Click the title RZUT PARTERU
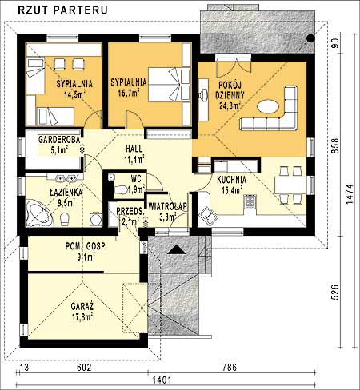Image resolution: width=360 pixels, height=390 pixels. (x=62, y=10)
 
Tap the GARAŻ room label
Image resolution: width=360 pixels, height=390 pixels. (x=82, y=306)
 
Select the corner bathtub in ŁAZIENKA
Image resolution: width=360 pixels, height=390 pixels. (x=40, y=213)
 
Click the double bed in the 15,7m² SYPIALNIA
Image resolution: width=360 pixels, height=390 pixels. (x=169, y=85)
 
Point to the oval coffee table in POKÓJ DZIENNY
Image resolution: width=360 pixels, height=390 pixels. (x=268, y=106)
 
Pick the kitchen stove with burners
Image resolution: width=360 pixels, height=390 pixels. (x=250, y=201)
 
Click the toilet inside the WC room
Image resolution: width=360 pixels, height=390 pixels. (x=121, y=190)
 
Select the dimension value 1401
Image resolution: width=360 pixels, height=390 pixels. (x=162, y=380)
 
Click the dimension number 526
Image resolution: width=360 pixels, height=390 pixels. (x=335, y=292)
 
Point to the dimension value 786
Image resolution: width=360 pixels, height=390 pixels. (x=230, y=368)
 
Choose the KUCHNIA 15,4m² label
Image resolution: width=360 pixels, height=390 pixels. (x=232, y=185)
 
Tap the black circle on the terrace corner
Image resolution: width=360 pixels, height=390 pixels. (x=310, y=38)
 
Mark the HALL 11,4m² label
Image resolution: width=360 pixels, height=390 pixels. (x=134, y=154)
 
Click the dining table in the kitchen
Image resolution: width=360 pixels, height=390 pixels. (x=290, y=185)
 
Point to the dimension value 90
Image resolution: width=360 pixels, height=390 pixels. (x=335, y=43)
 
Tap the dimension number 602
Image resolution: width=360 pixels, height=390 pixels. (x=84, y=368)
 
